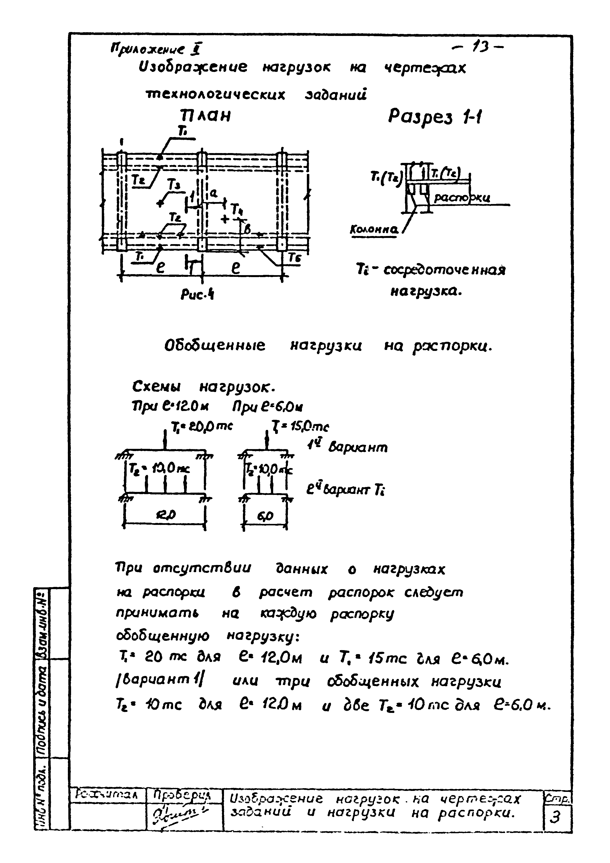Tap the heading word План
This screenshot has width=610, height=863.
click(x=205, y=116)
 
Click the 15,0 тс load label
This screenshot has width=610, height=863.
click(x=300, y=427)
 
